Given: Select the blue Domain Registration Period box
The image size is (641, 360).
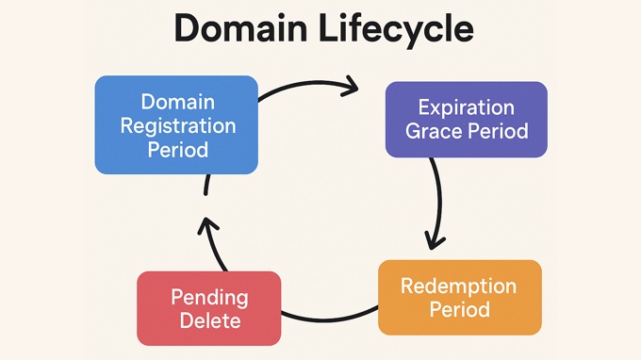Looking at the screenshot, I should tap(176, 124).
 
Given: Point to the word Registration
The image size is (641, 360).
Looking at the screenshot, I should tap(176, 124).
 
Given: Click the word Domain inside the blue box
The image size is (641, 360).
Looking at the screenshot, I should tap(176, 101).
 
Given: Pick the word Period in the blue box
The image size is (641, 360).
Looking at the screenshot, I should tap(176, 149).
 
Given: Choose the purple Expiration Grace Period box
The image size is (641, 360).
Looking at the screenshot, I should tap(466, 119).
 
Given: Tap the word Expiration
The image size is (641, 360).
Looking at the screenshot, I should tap(467, 106).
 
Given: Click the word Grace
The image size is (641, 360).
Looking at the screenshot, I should tap(436, 131).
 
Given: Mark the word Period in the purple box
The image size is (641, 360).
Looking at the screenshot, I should tap(498, 131).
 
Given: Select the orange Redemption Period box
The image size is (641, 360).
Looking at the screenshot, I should tap(459, 297).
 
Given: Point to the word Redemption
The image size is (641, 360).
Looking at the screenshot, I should tap(459, 286).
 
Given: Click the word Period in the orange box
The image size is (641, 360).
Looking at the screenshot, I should tap(459, 309).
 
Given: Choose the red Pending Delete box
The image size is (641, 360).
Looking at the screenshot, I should tap(208, 308).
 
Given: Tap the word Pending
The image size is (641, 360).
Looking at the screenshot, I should tap(208, 297).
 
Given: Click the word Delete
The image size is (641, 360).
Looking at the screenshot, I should tap(208, 320).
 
